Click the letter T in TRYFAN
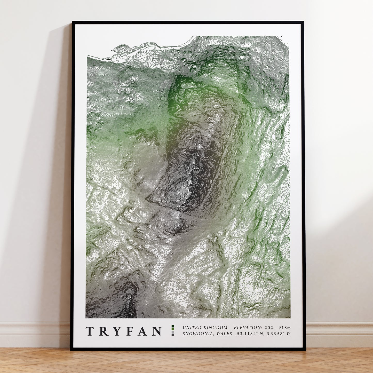89,331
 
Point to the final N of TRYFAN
157,331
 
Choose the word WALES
224,334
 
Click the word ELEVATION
248,328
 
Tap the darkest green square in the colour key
173,326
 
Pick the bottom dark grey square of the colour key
173,335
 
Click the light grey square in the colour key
173,332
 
